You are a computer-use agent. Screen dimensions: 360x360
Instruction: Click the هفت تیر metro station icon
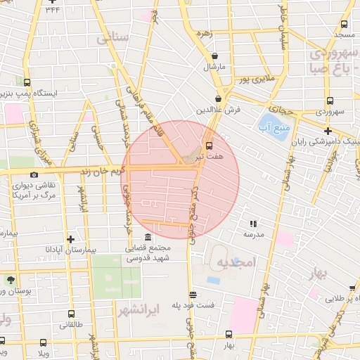coord(208,144)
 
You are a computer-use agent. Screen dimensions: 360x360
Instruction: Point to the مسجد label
coord(344,34)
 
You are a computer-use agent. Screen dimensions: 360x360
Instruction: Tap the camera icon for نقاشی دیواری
coord(34,175)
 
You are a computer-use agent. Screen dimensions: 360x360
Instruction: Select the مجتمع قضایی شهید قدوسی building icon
coord(147,237)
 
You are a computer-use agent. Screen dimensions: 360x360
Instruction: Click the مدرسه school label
coord(253,235)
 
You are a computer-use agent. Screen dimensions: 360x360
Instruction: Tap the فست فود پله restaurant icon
coord(193,295)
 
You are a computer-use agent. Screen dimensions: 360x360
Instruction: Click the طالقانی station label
coord(71,325)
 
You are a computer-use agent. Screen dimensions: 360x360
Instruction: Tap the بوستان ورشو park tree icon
coord(11,279)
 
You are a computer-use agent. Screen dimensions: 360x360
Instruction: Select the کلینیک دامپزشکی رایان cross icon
coord(328,130)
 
